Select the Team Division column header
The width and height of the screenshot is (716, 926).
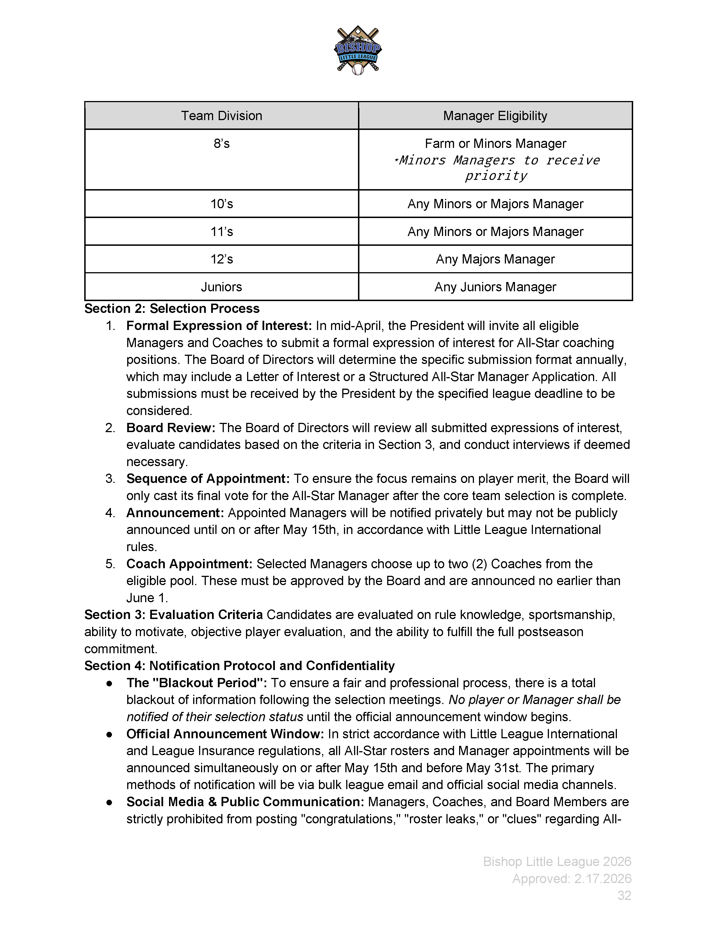click(x=222, y=116)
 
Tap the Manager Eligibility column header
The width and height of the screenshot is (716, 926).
click(x=495, y=116)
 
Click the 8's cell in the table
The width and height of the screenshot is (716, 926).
click(x=222, y=144)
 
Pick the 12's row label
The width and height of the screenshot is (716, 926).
click(x=222, y=259)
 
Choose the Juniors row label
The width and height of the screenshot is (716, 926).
click(x=222, y=287)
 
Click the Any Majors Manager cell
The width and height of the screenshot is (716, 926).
click(x=495, y=259)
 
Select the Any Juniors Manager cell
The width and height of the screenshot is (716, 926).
click(x=495, y=287)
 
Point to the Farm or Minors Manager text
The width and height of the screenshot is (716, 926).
click(x=495, y=144)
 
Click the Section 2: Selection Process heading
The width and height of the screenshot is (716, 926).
click(x=172, y=309)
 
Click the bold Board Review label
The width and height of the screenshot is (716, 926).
click(x=170, y=428)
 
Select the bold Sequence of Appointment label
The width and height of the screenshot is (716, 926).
click(x=208, y=479)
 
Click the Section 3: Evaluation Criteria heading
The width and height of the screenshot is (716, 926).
click(x=174, y=615)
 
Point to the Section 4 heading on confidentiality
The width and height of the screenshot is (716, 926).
click(x=239, y=666)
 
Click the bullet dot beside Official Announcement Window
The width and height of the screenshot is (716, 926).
click(x=109, y=734)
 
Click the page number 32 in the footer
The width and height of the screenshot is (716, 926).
click(x=624, y=895)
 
